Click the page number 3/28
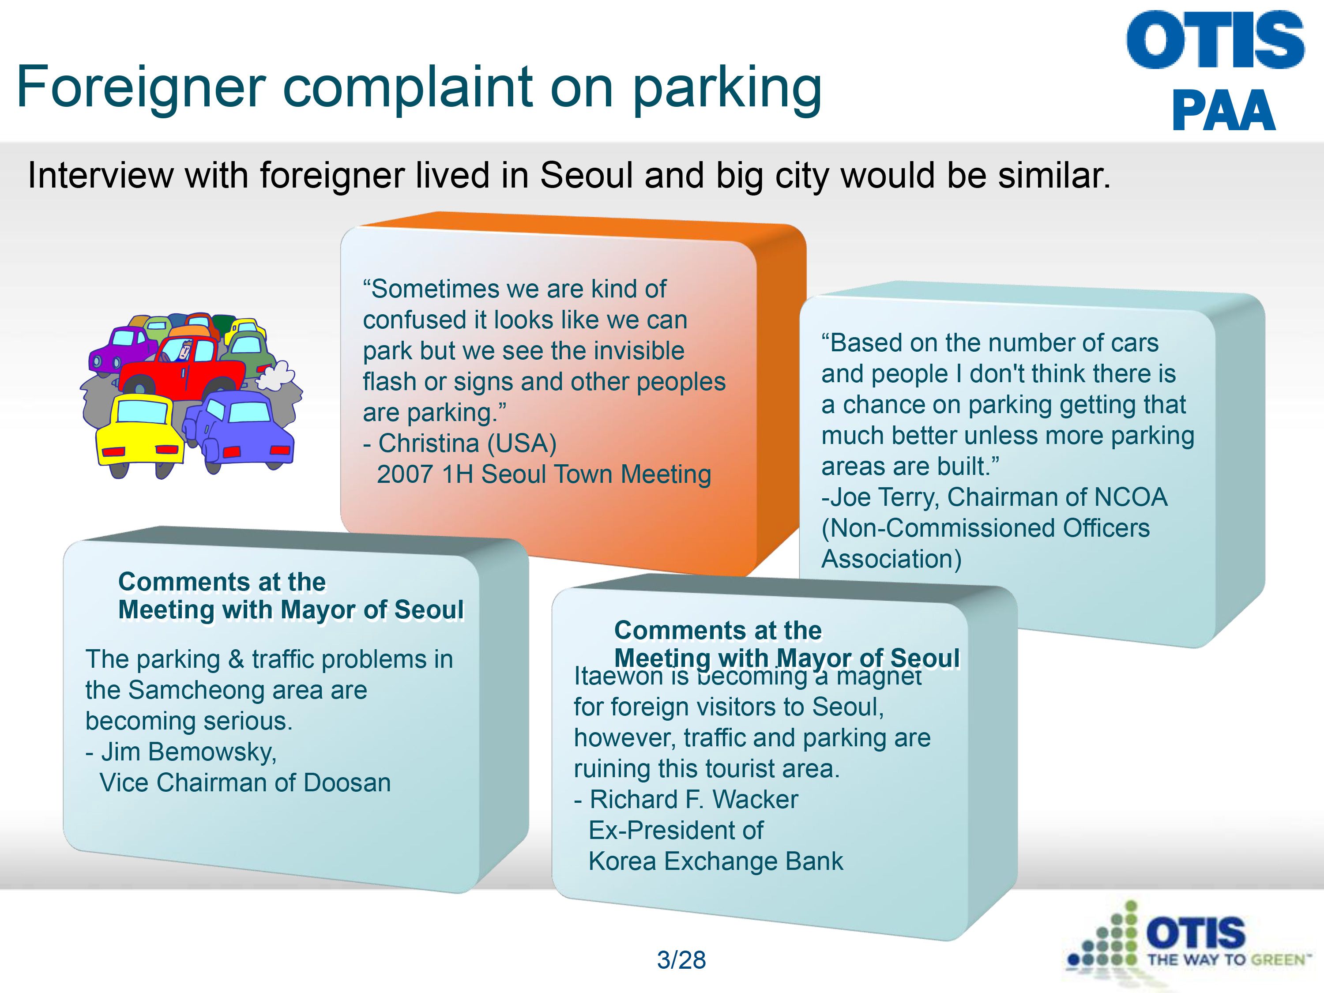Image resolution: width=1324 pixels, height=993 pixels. [681, 959]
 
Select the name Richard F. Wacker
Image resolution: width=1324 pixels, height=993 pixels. [694, 800]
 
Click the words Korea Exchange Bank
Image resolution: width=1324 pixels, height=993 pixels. [716, 861]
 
